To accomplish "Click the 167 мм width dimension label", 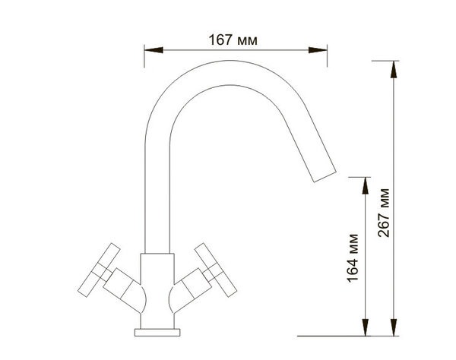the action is tap(233, 40).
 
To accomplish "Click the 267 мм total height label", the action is tap(384, 213).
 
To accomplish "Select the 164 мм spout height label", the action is tap(353, 258).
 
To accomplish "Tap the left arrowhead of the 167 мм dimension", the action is tap(154, 50).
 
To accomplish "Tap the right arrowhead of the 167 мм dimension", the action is tap(318, 50).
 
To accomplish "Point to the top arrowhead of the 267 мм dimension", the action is tap(394, 69).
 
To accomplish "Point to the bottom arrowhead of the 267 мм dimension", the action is tap(394, 327).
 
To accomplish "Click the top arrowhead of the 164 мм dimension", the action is tap(366, 185).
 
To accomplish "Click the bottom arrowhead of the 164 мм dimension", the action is tap(366, 327).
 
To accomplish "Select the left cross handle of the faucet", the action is tap(99, 270).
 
